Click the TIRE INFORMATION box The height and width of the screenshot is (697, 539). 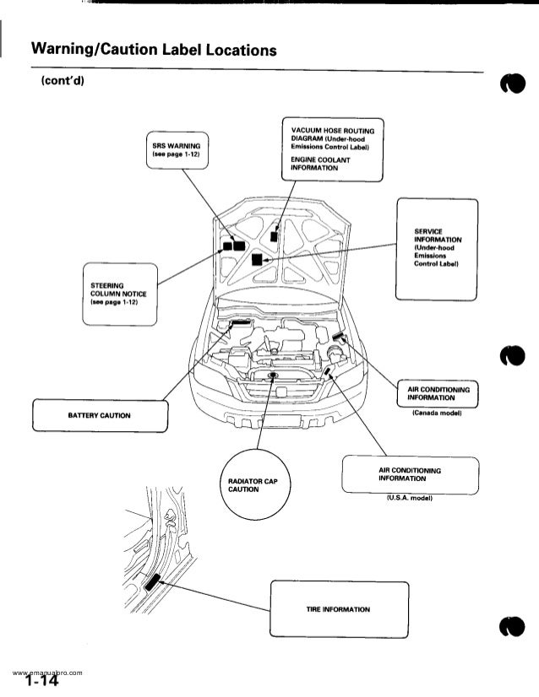[x=338, y=610]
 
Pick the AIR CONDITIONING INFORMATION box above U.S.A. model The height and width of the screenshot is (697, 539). [x=410, y=475]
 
